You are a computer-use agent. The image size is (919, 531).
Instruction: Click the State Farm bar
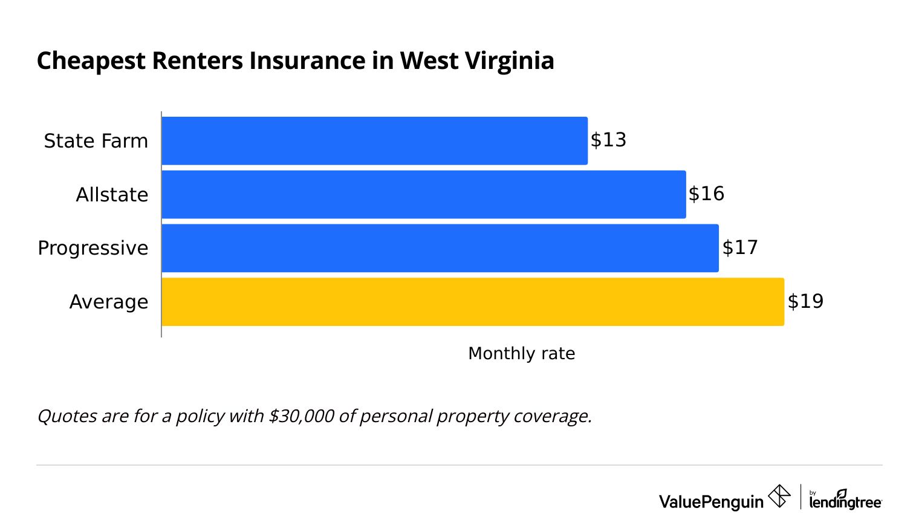tap(374, 140)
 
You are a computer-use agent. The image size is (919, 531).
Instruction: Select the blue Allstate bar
tap(423, 194)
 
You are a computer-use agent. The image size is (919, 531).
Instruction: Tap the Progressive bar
tap(440, 248)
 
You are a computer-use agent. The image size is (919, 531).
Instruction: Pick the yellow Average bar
tap(472, 302)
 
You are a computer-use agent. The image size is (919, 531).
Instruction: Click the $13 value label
tap(608, 140)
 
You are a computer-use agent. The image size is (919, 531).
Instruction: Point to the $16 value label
tap(706, 194)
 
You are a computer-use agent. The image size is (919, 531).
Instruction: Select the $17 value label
tap(739, 247)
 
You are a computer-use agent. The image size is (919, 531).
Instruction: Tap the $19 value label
tap(805, 301)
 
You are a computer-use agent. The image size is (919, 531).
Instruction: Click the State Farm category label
tap(96, 141)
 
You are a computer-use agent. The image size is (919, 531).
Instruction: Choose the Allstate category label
tap(112, 195)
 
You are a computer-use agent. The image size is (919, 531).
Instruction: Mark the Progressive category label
tap(93, 248)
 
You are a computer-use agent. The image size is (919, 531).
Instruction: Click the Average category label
tap(109, 302)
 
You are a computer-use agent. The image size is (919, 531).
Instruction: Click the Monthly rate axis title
tap(521, 353)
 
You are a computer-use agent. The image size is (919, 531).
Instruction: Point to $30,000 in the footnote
tap(301, 416)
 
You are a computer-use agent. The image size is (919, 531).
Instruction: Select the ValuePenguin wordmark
tap(711, 501)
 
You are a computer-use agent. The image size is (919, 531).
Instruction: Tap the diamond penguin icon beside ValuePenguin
tap(779, 496)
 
